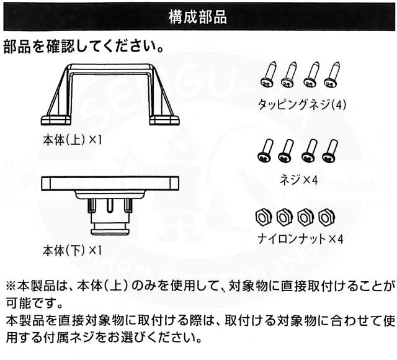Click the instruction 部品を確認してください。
point(83,47)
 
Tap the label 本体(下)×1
point(72,251)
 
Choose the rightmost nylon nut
point(324,217)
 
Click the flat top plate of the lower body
point(110,182)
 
